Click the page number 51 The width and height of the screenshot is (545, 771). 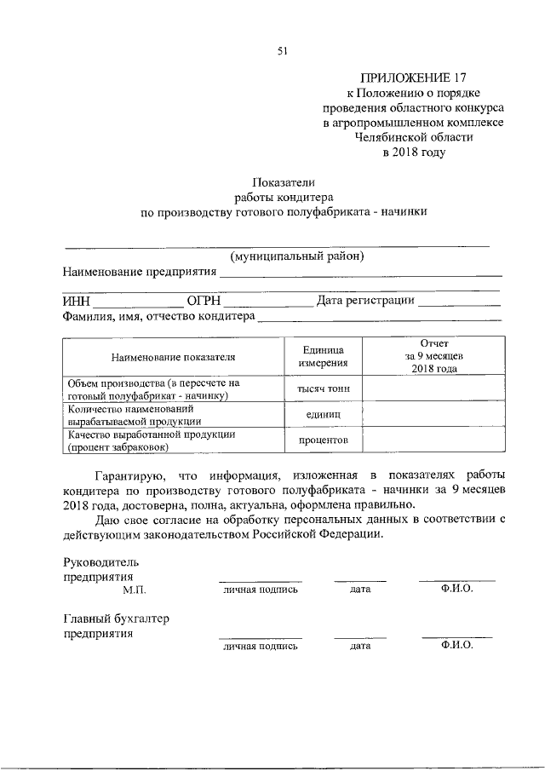point(282,50)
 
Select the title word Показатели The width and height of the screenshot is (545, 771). point(283,181)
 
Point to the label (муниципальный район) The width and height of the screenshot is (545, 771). point(297,256)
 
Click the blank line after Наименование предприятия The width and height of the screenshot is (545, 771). point(360,274)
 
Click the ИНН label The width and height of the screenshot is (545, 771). point(77,300)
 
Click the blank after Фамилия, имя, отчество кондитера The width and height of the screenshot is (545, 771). point(379,319)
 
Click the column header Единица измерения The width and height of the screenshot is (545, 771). point(323,357)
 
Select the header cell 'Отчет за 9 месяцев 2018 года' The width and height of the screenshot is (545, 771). point(434,357)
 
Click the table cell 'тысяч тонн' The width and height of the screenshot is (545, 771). point(323,389)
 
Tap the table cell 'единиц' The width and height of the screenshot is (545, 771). point(323,414)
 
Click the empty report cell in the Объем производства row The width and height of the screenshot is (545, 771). point(434,389)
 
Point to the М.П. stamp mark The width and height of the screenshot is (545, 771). point(135,589)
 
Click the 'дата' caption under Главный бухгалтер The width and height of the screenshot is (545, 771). point(359,647)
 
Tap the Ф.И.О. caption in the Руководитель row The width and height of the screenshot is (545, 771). point(456,589)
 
